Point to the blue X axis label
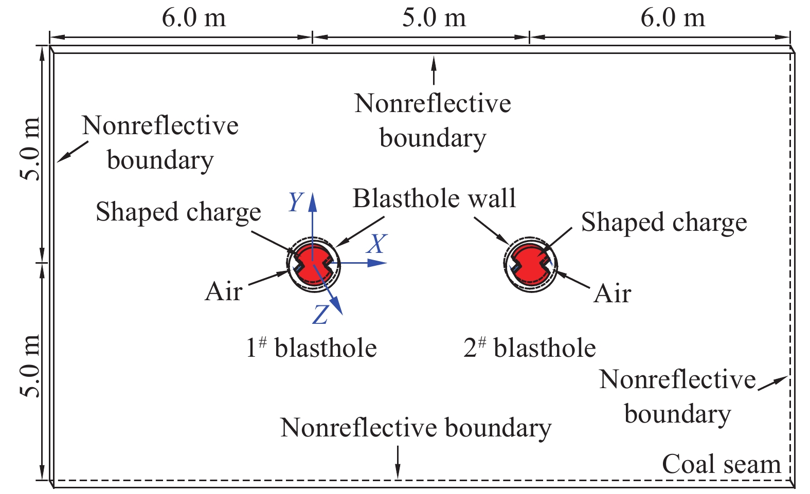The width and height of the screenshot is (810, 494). (x=377, y=244)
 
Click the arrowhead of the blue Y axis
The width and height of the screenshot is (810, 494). (x=313, y=203)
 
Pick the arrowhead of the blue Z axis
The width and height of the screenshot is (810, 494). (x=337, y=306)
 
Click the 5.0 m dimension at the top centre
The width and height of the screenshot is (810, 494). (x=434, y=18)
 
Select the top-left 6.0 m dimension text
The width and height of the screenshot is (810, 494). (x=194, y=18)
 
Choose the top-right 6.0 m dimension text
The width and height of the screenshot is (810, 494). (x=673, y=18)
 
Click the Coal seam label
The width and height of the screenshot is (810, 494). (x=722, y=464)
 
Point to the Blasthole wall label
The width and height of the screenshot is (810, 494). (x=434, y=198)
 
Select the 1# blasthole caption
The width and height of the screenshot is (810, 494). (x=311, y=347)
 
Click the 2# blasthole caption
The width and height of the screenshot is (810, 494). (x=530, y=347)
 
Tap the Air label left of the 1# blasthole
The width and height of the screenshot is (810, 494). (x=224, y=291)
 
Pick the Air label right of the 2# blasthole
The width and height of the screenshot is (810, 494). (x=613, y=294)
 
